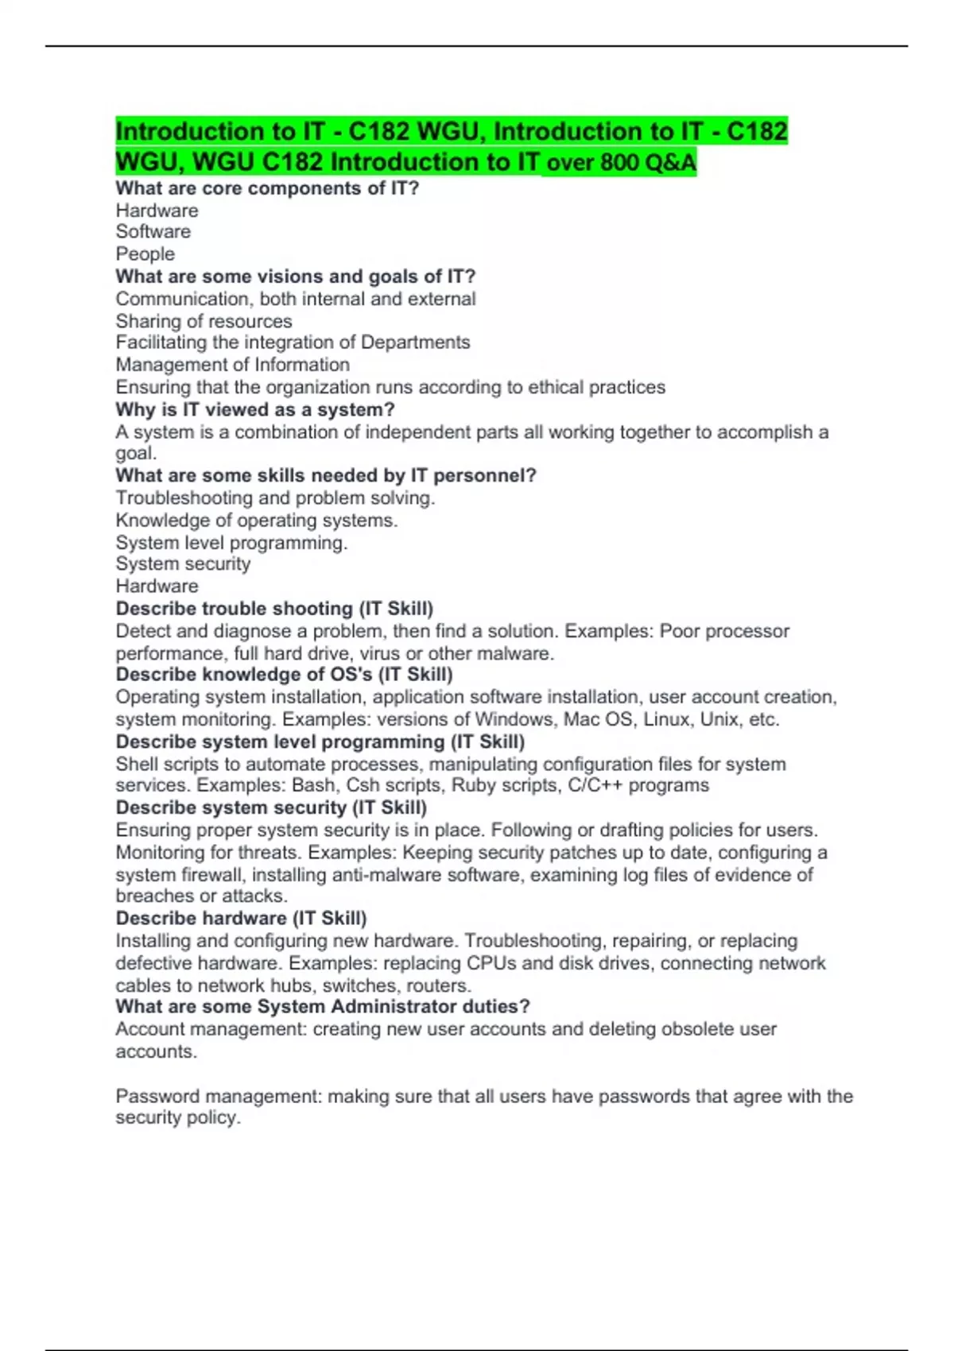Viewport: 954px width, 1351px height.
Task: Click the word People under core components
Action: click(145, 254)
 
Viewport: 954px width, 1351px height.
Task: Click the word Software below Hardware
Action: click(153, 232)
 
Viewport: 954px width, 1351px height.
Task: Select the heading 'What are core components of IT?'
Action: click(266, 188)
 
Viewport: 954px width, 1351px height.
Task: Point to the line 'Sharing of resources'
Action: click(204, 321)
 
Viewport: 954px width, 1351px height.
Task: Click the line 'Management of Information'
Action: click(232, 365)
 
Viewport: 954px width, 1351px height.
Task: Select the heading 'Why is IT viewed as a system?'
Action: click(254, 410)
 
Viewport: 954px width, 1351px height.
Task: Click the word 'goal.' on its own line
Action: click(136, 454)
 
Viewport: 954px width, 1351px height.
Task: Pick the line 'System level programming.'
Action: click(231, 543)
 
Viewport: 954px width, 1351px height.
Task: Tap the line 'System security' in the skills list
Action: click(183, 564)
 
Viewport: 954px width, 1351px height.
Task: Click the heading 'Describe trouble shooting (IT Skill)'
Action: click(274, 609)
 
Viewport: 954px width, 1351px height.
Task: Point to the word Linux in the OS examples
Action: click(666, 720)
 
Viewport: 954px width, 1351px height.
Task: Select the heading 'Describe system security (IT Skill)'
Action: click(271, 808)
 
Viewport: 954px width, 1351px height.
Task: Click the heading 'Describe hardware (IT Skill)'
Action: click(241, 919)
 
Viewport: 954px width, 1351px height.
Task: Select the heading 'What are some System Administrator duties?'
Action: click(322, 1007)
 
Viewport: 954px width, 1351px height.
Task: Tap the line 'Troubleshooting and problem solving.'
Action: click(275, 498)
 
